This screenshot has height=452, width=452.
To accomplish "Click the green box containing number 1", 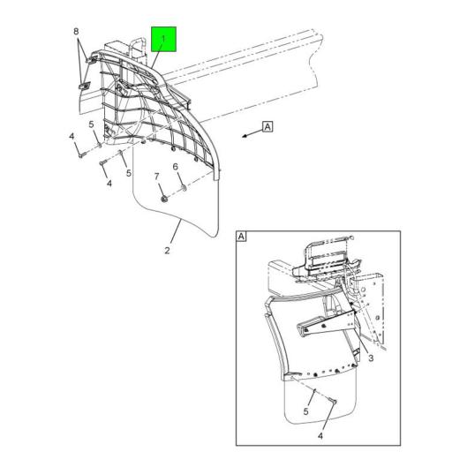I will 164,40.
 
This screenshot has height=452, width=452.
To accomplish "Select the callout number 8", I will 77,32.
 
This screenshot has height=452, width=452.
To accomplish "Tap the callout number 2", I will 167,252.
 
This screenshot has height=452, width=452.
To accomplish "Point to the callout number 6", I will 176,167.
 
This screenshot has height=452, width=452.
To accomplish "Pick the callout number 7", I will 156,177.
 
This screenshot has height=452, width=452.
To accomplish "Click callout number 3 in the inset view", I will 372,358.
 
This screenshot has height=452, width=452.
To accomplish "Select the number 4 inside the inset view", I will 320,435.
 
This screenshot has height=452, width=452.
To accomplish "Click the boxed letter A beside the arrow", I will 267,126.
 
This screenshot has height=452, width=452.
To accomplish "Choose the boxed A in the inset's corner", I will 242,237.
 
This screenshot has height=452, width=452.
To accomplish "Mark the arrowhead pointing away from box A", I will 242,135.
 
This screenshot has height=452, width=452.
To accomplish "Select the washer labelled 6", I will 183,188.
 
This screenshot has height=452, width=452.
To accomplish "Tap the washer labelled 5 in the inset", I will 314,386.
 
